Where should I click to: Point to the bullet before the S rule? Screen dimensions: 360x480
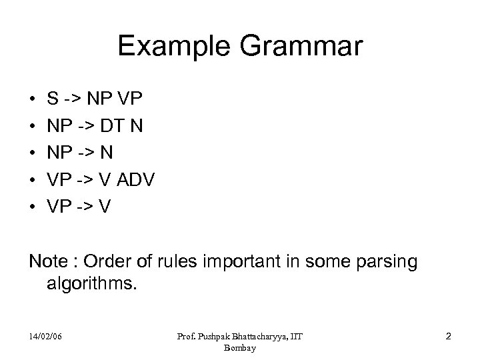coord(33,100)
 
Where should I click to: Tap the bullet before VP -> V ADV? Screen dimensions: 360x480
coord(33,180)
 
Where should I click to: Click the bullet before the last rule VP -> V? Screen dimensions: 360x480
coord(33,207)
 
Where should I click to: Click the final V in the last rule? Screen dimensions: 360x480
coord(105,206)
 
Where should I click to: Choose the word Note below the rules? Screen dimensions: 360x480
coord(47,262)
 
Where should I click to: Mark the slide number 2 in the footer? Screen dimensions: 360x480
coord(448,337)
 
